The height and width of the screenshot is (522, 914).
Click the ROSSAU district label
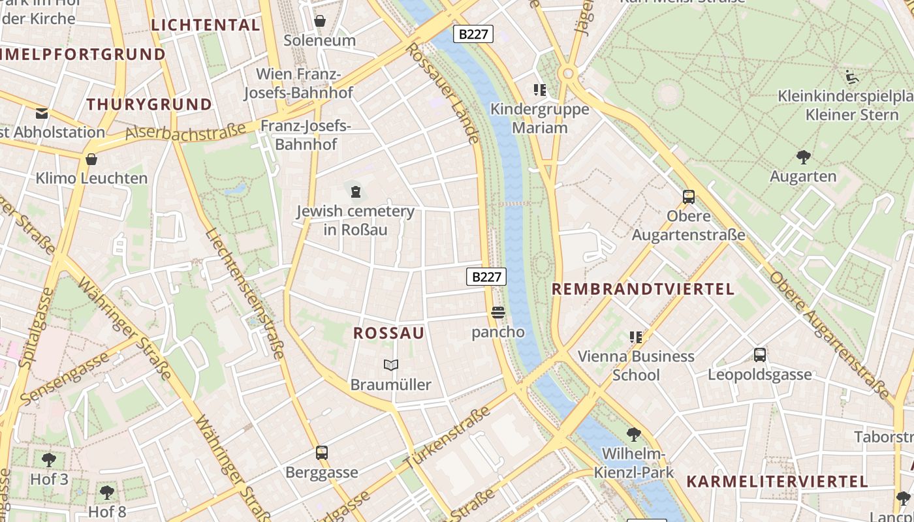389,333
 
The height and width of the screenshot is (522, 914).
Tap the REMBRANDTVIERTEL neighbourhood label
643,289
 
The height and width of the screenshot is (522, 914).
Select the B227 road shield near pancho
486,277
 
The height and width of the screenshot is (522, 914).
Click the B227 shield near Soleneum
473,34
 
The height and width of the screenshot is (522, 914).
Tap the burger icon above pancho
498,313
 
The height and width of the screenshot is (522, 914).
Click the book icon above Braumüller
391,365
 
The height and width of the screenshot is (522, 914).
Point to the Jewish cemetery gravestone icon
355,192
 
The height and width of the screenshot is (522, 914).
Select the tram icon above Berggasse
321,453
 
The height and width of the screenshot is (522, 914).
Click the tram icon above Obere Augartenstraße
688,197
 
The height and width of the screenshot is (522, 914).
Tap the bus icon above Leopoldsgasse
760,355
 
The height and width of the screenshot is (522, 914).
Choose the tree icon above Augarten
803,157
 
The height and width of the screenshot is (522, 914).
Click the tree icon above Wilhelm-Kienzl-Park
633,435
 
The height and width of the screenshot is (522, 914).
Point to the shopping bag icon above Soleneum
320,21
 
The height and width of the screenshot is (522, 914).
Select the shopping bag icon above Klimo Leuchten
91,159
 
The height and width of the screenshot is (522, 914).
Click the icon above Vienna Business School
636,337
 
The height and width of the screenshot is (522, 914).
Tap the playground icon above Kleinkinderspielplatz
851,77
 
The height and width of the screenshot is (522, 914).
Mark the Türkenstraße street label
447,437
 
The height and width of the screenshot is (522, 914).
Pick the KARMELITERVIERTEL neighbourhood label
777,482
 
